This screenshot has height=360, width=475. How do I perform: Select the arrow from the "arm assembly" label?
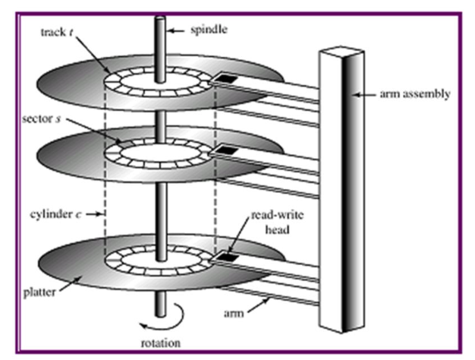point(363,95)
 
